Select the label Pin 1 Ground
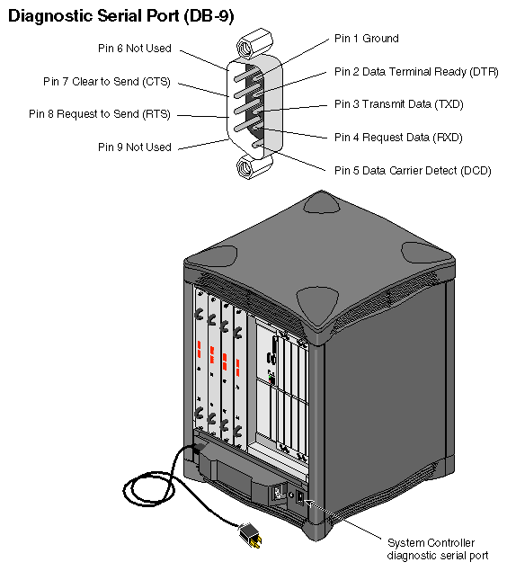[x=366, y=39]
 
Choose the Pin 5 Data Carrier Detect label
[x=413, y=169]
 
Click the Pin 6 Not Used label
[x=134, y=49]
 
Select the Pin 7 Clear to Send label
[x=106, y=81]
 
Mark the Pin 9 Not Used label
[x=134, y=147]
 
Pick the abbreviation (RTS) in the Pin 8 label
[x=155, y=114]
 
